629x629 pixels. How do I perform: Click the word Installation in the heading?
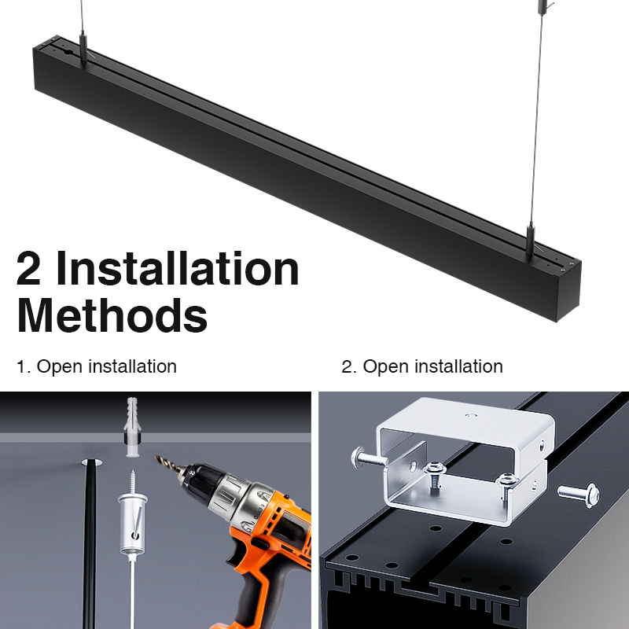(178, 268)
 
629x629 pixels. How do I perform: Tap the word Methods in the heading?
(112, 315)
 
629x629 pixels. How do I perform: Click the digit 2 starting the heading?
(29, 268)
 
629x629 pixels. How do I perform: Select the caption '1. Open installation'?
(97, 366)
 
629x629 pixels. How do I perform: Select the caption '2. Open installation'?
(422, 366)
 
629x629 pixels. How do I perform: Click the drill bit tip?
(156, 458)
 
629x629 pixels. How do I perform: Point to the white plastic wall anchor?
(132, 426)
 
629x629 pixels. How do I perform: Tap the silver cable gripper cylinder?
(132, 524)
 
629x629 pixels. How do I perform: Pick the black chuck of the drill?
(203, 482)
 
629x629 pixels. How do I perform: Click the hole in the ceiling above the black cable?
(92, 462)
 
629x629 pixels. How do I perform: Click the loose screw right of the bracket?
(579, 495)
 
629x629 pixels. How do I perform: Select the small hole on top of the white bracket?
(471, 415)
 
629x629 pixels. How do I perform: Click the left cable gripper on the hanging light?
(83, 49)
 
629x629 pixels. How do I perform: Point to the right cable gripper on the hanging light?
(530, 241)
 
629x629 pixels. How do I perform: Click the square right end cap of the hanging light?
(568, 292)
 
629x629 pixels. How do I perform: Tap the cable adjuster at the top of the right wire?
(543, 7)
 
